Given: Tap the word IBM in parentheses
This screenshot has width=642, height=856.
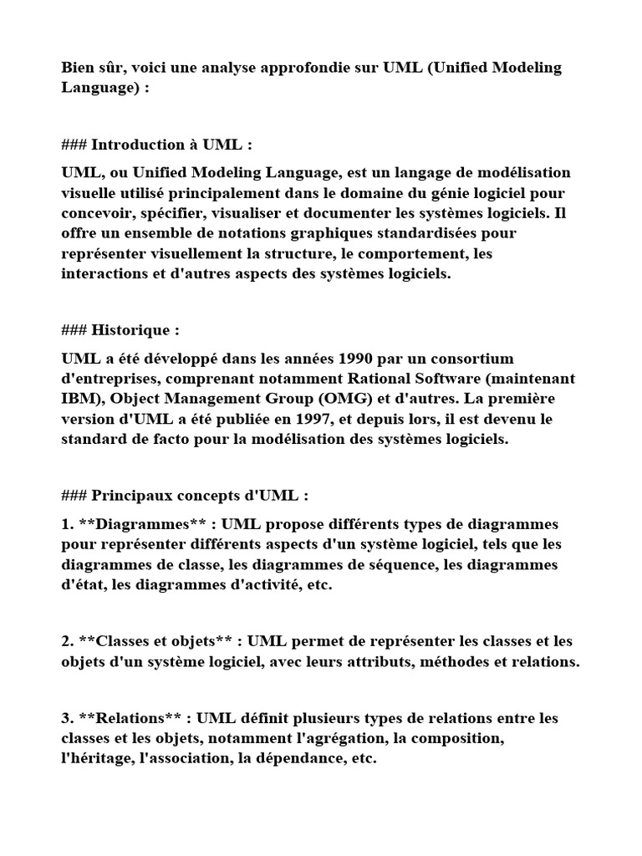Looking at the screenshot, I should (x=77, y=399).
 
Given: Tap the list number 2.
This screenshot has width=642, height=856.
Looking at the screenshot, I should (x=67, y=641).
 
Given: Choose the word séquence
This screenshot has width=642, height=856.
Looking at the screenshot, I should (x=392, y=564).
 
